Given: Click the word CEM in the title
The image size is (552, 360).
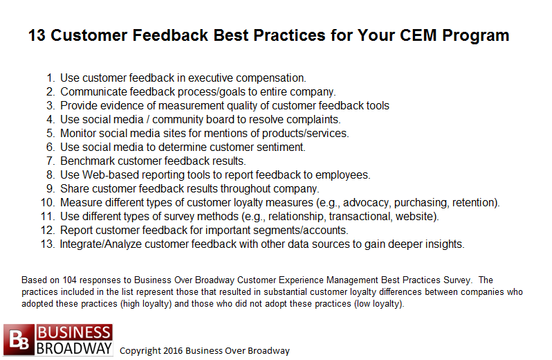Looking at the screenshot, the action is tap(418, 35).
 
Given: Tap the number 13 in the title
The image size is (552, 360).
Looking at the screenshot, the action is tap(37, 35).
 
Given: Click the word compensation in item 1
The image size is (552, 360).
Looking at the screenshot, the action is tap(270, 78).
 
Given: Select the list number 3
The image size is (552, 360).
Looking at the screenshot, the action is tap(50, 106).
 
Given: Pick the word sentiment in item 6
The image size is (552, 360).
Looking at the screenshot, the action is tap(281, 147).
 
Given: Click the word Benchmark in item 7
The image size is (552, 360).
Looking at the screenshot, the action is tap(88, 161).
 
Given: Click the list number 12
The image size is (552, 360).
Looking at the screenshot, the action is tap(48, 231).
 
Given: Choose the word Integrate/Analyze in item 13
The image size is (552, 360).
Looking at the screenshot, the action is tap(101, 244).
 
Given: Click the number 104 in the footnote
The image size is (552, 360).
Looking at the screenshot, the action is tap(69, 280).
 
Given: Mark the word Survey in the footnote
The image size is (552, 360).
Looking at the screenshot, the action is tap(457, 280).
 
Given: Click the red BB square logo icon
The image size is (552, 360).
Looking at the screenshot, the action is tap(19, 339).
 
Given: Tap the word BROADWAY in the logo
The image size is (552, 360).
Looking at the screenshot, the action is tap(74, 348).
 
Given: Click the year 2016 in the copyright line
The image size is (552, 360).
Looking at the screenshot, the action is tap(173, 351).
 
